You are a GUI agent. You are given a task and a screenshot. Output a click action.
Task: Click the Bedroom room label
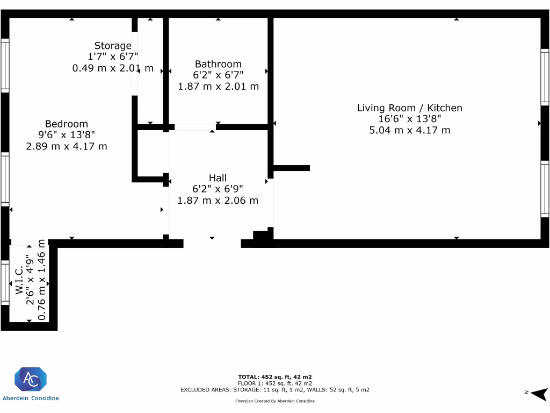67,124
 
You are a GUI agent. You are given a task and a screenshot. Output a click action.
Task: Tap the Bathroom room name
218,64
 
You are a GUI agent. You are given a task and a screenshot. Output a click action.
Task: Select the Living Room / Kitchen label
409,108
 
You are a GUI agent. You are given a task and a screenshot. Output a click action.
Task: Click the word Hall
218,178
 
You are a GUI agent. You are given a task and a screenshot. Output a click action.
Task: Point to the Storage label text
113,46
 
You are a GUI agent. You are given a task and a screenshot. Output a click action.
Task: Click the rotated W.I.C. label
18,280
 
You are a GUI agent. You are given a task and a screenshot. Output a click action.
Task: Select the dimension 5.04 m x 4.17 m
409,130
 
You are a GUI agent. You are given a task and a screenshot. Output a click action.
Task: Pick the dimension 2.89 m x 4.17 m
67,146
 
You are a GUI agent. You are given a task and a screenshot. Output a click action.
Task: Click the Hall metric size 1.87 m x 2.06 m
218,201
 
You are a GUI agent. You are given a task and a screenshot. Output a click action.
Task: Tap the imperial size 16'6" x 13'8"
409,119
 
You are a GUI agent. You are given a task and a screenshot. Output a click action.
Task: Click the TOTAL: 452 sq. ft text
274,376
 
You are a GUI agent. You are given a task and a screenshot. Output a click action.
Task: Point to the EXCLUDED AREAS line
274,389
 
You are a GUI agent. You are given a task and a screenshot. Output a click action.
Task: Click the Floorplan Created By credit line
274,401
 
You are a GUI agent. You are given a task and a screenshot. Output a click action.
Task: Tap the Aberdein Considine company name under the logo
31,398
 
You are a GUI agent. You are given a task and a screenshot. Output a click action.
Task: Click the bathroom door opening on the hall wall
195,127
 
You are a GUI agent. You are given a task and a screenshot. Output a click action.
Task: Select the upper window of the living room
545,76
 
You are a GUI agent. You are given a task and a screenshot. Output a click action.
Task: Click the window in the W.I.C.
4,282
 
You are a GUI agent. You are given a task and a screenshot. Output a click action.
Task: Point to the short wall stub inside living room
291,168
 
